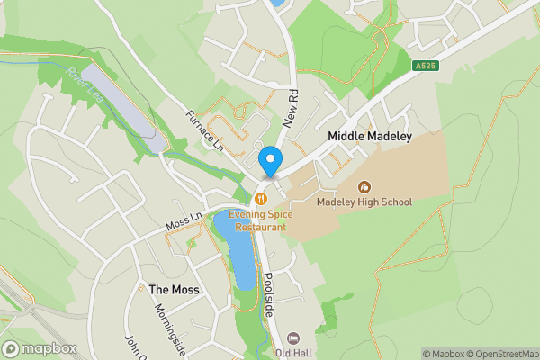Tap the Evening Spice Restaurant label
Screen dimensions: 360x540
click(256, 221)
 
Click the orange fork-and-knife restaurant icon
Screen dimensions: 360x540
click(261, 199)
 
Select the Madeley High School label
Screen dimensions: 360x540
click(364, 202)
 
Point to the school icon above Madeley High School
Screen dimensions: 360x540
click(364, 186)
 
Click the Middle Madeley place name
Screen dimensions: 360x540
click(369, 137)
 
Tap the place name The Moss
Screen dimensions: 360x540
click(173, 290)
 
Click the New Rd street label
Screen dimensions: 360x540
click(292, 106)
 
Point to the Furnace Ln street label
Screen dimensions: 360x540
click(202, 130)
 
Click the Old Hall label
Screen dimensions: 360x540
click(293, 353)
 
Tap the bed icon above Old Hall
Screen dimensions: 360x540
click(293, 337)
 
